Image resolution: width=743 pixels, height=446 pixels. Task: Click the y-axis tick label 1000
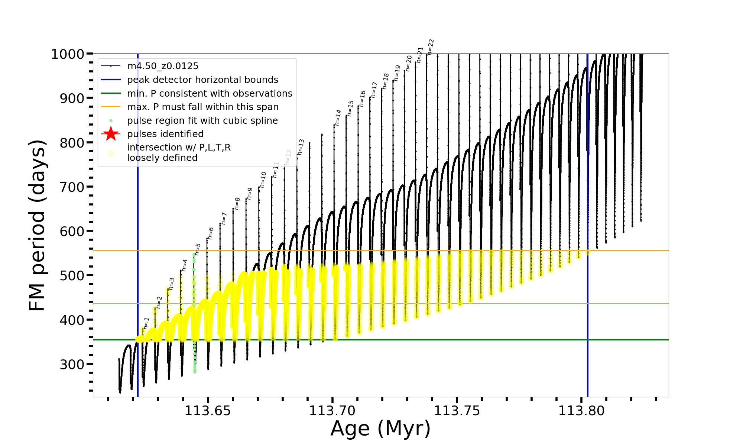pos(68,54)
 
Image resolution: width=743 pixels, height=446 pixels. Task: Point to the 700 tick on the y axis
pos(72,187)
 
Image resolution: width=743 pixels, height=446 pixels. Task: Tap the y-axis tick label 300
pos(72,364)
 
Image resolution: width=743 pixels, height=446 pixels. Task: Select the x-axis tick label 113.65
pos(208,411)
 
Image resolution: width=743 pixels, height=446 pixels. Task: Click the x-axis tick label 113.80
pos(582,411)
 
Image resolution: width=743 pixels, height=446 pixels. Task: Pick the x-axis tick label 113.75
pos(457,411)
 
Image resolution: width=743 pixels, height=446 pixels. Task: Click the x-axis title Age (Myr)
pos(380,429)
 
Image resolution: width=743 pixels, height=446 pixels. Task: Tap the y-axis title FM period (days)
pos(37,225)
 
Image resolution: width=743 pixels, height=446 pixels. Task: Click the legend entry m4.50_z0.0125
pos(163,66)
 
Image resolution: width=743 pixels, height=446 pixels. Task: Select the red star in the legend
pos(111,134)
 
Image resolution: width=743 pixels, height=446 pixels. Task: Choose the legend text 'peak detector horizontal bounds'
pos(202,80)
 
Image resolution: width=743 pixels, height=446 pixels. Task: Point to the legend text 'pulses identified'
pos(165,134)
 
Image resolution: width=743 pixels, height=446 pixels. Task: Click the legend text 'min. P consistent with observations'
pos(210,93)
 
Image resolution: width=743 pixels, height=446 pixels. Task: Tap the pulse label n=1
pos(146,323)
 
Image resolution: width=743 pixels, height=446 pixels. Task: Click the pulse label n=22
pos(431,47)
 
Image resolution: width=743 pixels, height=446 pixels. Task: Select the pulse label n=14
pos(338,117)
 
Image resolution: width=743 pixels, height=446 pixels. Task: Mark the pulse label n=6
pos(210,233)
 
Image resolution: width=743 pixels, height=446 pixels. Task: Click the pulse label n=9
pos(250,193)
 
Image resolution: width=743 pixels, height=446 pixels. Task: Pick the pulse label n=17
pos(374,90)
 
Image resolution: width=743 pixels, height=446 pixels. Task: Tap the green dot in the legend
pos(111,120)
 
